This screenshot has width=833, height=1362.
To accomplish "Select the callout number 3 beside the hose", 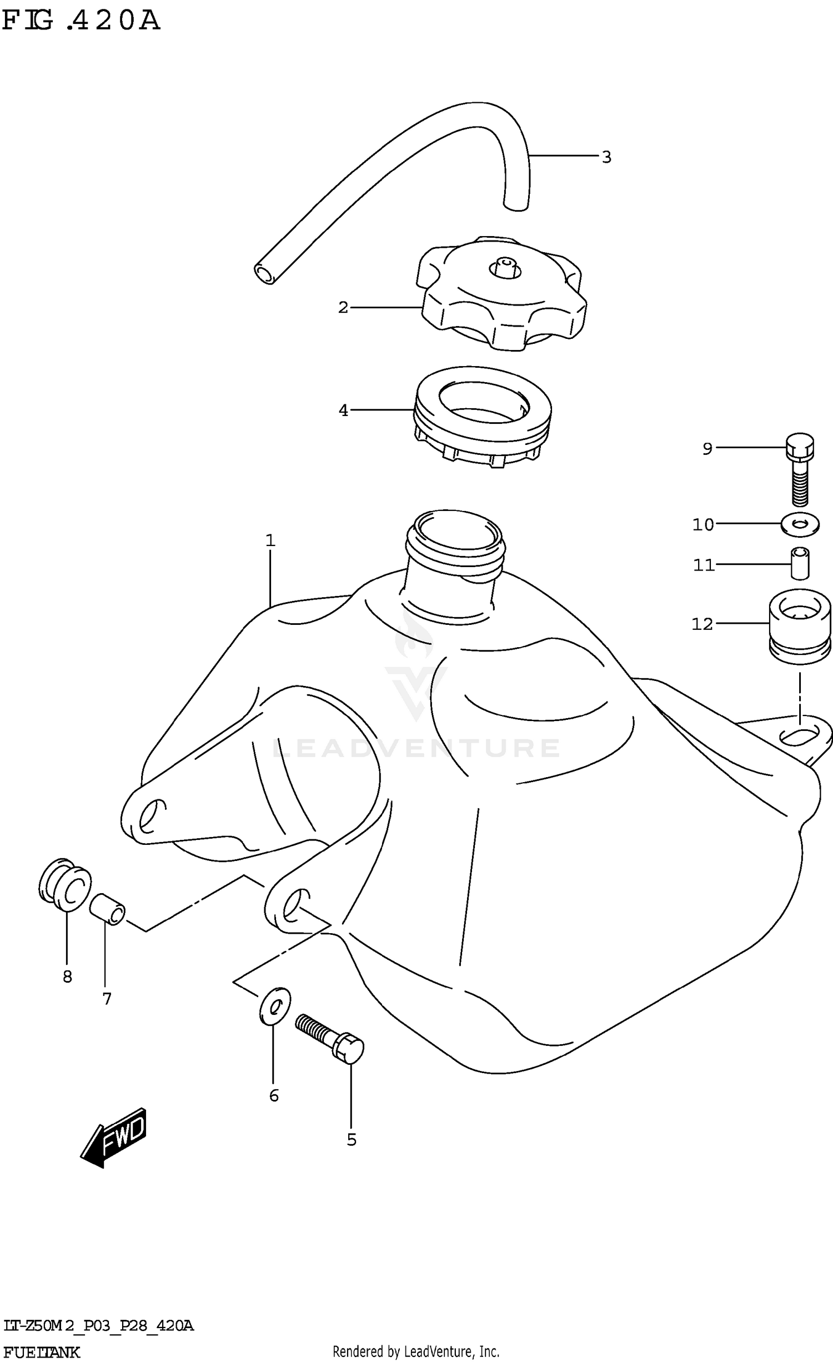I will [606, 157].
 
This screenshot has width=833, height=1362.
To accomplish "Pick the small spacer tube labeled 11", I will [800, 563].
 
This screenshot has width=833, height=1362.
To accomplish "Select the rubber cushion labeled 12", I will [800, 625].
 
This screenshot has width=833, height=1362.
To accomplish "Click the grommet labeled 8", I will [64, 887].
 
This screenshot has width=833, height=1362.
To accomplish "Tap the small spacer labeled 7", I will [108, 909].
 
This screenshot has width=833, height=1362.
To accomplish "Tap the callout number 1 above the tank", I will [270, 540].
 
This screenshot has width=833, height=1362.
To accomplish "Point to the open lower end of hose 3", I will [265, 273].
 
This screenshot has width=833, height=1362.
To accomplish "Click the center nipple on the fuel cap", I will [505, 267].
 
